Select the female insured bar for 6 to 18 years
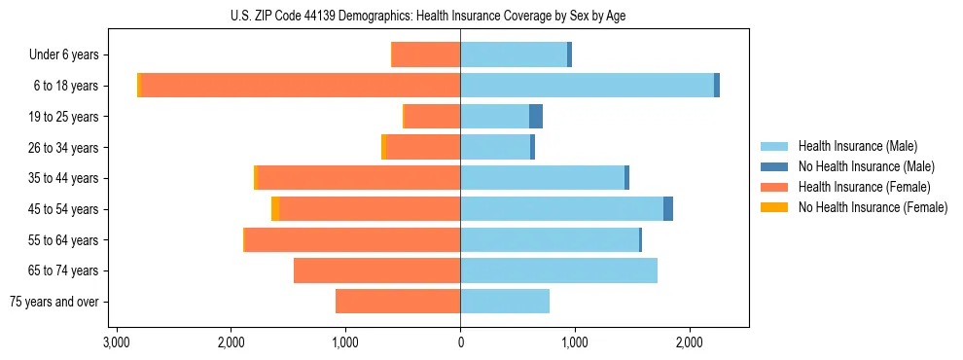(x=302, y=86)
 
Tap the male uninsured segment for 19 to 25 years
(x=536, y=117)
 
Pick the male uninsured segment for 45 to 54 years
(x=668, y=209)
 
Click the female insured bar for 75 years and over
(x=398, y=302)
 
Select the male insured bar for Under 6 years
(x=514, y=54)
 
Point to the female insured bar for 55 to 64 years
(x=352, y=239)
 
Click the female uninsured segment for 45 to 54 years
(x=275, y=209)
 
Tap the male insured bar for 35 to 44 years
(x=542, y=178)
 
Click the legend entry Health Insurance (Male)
(x=857, y=146)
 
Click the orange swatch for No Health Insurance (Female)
(x=773, y=207)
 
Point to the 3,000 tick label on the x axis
(x=116, y=342)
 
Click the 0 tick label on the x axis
(x=460, y=342)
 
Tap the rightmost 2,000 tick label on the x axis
(x=689, y=342)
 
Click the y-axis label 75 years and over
(x=54, y=302)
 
